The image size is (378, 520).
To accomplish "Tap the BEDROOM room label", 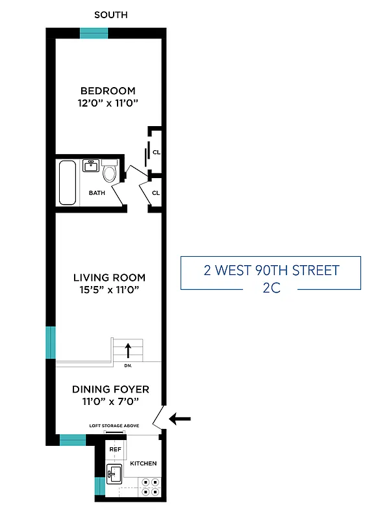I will tap(108, 90).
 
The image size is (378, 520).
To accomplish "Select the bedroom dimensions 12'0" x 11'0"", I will tap(108, 103).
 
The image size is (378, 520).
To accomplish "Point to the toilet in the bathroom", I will tap(109, 172).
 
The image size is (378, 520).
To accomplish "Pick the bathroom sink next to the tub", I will tap(91, 166).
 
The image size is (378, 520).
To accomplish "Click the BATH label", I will tap(97, 193).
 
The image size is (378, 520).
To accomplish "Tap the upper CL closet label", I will tap(156, 153).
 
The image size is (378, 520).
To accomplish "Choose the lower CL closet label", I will tap(156, 193).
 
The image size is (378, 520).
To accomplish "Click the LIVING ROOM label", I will tap(109, 278).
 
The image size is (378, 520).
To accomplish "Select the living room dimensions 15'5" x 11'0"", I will tap(108, 290).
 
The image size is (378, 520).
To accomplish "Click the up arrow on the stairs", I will tap(128, 350).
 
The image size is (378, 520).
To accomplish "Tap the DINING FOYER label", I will tap(110, 389).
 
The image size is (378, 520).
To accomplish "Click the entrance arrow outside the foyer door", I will tap(181, 419).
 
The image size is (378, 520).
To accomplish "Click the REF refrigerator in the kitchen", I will tap(115, 449).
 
